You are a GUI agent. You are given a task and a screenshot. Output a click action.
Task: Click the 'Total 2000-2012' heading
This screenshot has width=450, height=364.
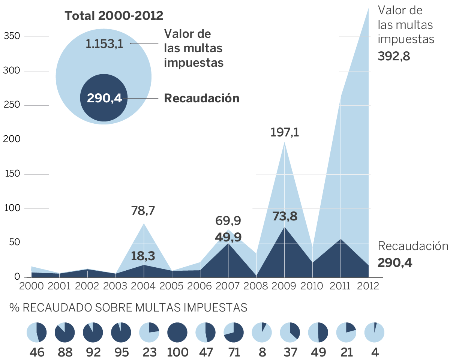point(114,16)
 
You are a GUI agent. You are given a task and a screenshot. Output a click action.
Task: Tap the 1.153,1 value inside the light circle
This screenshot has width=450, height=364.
point(105,44)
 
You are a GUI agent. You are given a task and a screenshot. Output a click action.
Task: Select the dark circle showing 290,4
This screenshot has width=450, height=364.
point(104,98)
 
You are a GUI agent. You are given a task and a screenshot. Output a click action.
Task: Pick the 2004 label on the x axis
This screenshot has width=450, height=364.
point(144,286)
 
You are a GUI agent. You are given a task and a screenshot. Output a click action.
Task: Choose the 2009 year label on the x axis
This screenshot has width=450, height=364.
point(284,286)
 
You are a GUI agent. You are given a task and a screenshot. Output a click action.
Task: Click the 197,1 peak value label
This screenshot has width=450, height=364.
point(285,132)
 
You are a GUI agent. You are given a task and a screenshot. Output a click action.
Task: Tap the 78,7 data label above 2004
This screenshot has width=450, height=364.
point(143,211)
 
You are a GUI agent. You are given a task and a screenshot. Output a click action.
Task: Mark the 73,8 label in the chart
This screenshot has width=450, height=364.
point(285,217)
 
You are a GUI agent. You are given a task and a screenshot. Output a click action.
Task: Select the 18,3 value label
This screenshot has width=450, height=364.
point(143,256)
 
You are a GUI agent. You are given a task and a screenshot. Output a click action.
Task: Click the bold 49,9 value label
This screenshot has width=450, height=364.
point(228,237)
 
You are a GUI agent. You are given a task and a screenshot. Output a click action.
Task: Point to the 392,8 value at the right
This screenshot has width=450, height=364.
point(394,56)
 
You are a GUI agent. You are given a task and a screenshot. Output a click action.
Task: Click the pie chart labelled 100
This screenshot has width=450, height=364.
point(177,333)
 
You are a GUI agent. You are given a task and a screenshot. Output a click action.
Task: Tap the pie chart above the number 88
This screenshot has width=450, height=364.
point(65,333)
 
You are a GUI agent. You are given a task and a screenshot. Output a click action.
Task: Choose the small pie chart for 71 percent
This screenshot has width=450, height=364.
point(234,333)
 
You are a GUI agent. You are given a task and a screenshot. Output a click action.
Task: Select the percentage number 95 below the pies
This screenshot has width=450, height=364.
point(121,353)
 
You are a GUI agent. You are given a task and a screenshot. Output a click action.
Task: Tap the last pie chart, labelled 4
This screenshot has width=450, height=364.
point(374,333)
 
